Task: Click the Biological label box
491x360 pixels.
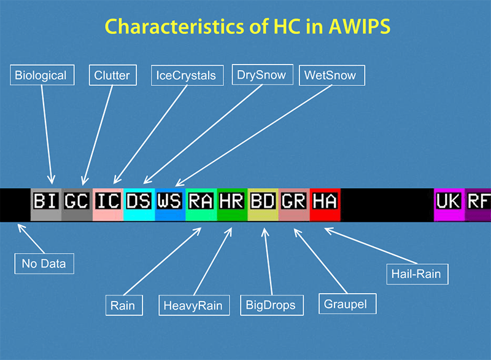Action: [x=42, y=75]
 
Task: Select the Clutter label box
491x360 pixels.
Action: [x=113, y=75]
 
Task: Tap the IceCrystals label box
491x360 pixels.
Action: [x=187, y=75]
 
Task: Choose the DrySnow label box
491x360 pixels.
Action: [x=263, y=74]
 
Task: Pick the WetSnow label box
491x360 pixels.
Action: [x=332, y=75]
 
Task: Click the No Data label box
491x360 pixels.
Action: [x=44, y=264]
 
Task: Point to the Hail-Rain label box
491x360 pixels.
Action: [x=417, y=274]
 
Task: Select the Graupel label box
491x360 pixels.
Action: [x=347, y=303]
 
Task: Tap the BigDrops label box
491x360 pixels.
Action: [x=272, y=305]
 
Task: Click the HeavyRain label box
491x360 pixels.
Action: [x=194, y=305]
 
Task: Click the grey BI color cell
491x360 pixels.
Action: [x=46, y=205]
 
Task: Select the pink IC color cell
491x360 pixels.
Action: [x=108, y=205]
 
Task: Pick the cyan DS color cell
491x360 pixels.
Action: [x=139, y=205]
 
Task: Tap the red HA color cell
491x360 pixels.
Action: [x=325, y=205]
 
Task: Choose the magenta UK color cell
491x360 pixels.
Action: [x=449, y=205]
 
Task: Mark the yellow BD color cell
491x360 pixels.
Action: [x=263, y=205]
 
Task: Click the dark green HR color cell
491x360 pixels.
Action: [x=232, y=205]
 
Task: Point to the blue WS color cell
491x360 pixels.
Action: [x=170, y=205]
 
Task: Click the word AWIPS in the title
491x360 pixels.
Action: [x=360, y=26]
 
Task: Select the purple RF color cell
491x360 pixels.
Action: [x=478, y=205]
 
